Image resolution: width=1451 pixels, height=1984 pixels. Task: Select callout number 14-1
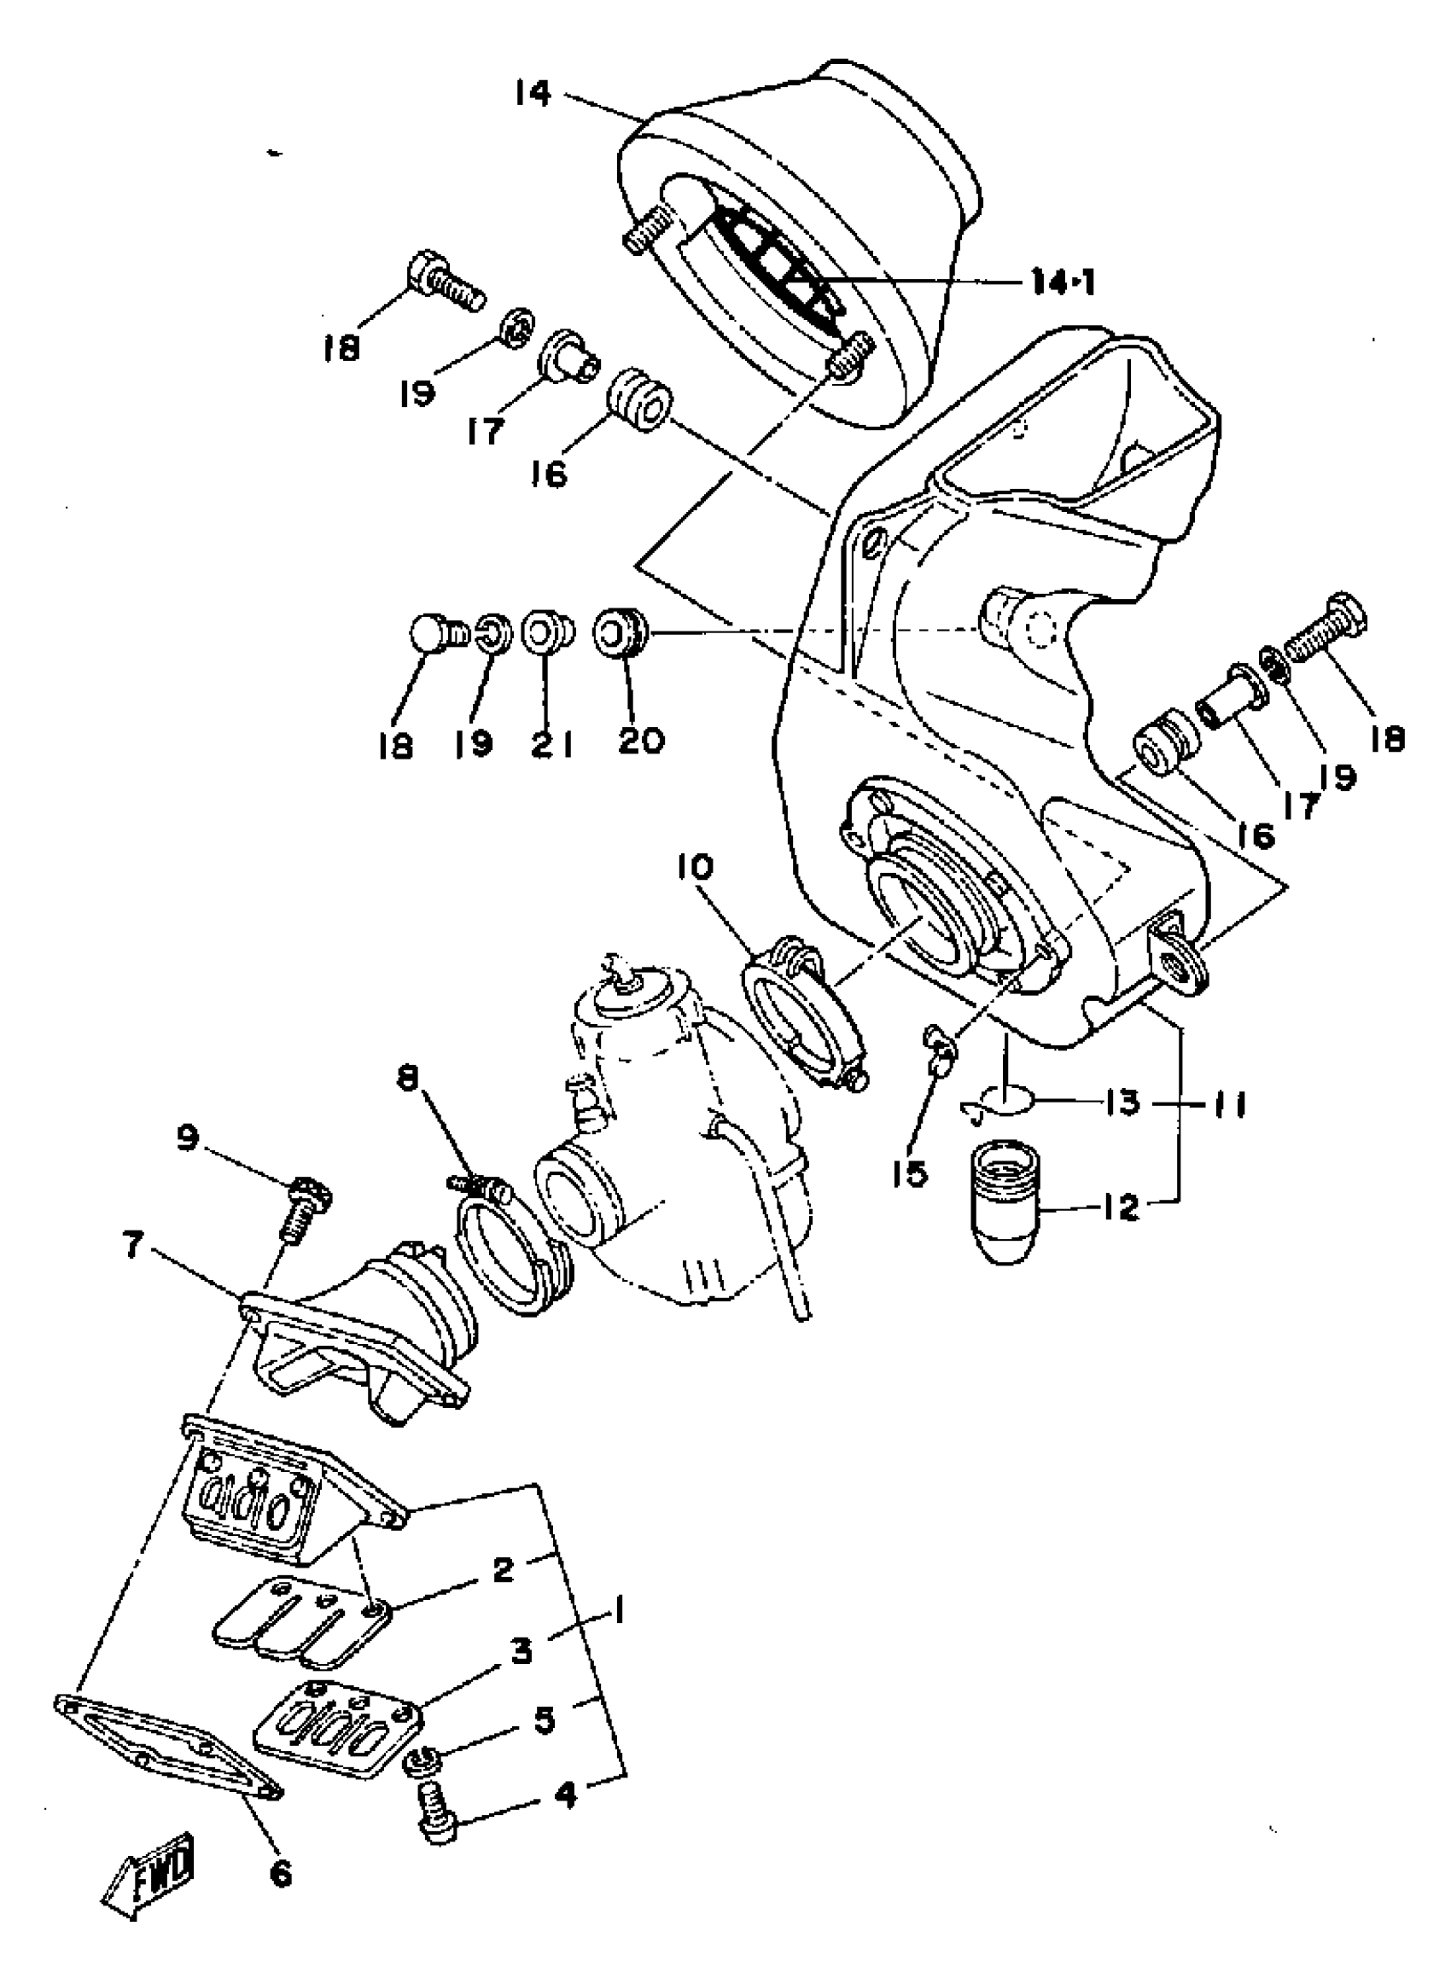tap(1063, 282)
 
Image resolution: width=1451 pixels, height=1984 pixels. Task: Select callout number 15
tap(915, 1172)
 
